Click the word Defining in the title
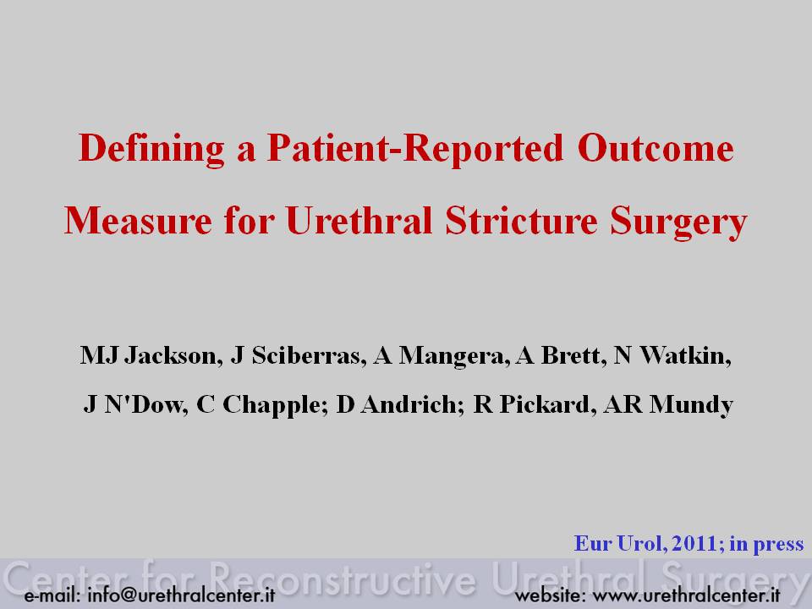click(151, 150)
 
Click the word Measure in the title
click(138, 221)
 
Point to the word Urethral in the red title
click(359, 220)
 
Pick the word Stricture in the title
click(522, 220)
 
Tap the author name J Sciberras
click(295, 355)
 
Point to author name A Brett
click(558, 355)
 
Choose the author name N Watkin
click(672, 355)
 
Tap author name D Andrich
click(398, 404)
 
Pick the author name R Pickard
click(532, 404)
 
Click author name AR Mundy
click(668, 405)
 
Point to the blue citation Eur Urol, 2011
click(645, 544)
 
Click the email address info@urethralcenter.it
click(181, 595)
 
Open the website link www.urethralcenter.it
click(686, 595)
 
